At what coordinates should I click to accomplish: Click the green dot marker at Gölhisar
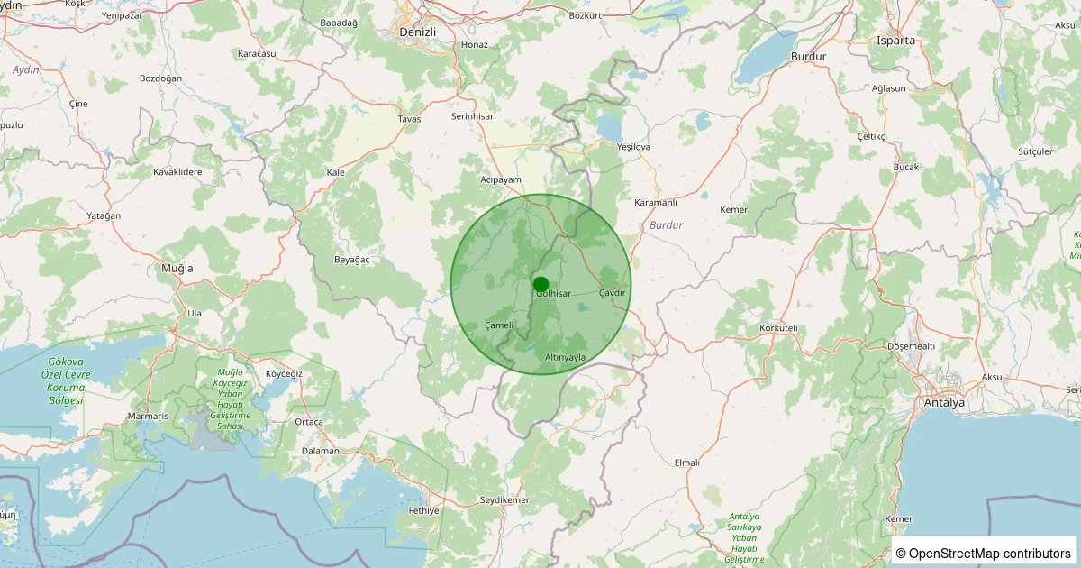pyautogui.click(x=540, y=284)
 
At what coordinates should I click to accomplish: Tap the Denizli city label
pyautogui.click(x=417, y=32)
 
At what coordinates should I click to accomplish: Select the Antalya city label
pyautogui.click(x=943, y=403)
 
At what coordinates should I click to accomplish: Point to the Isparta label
pyautogui.click(x=895, y=41)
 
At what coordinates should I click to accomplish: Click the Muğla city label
pyautogui.click(x=177, y=269)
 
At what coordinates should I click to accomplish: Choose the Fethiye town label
pyautogui.click(x=422, y=511)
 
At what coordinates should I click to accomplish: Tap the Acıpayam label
pyautogui.click(x=502, y=179)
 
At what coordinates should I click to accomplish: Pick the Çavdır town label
pyautogui.click(x=612, y=293)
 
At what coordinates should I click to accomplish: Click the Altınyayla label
pyautogui.click(x=565, y=358)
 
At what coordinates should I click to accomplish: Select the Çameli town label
pyautogui.click(x=498, y=325)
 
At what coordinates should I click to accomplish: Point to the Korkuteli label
pyautogui.click(x=779, y=328)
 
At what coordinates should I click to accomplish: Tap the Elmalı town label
pyautogui.click(x=686, y=463)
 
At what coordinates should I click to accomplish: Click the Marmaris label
pyautogui.click(x=148, y=417)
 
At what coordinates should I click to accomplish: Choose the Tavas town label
pyautogui.click(x=409, y=119)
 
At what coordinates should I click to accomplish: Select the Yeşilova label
pyautogui.click(x=633, y=146)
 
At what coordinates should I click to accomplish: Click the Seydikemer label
pyautogui.click(x=504, y=499)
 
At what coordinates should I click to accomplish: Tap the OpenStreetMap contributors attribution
pyautogui.click(x=985, y=553)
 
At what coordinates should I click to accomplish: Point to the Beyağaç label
pyautogui.click(x=352, y=260)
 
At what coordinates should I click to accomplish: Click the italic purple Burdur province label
pyautogui.click(x=666, y=224)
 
